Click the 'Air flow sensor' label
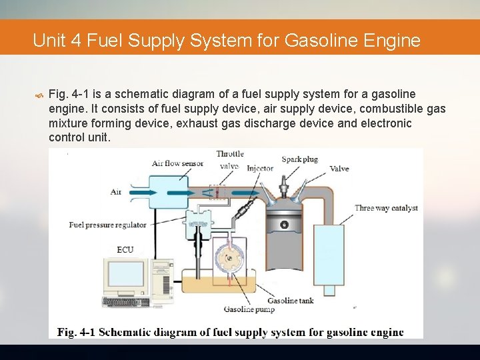pyautogui.click(x=177, y=163)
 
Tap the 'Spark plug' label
pyautogui.click(x=299, y=159)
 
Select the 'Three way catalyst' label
pyautogui.click(x=386, y=208)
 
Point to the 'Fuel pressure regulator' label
pyautogui.click(x=107, y=225)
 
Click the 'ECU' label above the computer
pyautogui.click(x=125, y=249)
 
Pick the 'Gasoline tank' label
pyautogui.click(x=291, y=301)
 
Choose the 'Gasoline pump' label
pyautogui.click(x=249, y=309)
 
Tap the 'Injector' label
pyautogui.click(x=260, y=169)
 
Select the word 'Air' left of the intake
pyautogui.click(x=116, y=192)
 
